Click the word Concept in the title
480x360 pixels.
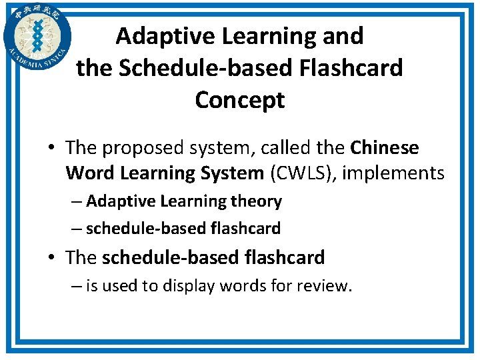(x=240, y=100)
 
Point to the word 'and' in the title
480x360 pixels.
(x=343, y=35)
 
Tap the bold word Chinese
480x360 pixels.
(x=385, y=147)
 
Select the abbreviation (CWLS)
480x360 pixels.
(x=305, y=173)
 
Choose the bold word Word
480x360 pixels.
(x=91, y=173)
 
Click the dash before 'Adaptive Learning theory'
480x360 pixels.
(x=77, y=201)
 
